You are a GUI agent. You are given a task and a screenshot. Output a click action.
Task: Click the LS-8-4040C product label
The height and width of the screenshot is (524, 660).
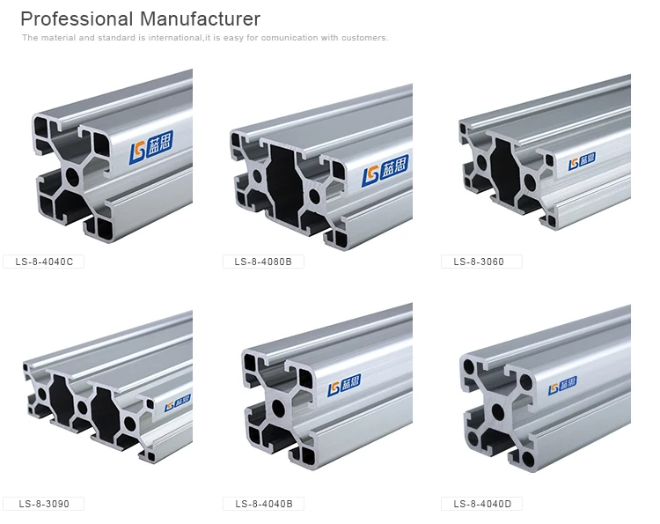(x=44, y=262)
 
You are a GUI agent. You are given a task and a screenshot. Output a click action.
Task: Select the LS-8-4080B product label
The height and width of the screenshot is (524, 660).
(x=263, y=262)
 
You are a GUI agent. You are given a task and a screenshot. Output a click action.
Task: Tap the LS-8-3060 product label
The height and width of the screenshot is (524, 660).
(x=481, y=262)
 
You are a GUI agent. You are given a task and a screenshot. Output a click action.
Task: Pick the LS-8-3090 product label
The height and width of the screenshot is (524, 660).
(x=44, y=504)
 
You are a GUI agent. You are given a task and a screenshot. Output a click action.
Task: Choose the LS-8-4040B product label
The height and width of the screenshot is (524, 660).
(x=263, y=504)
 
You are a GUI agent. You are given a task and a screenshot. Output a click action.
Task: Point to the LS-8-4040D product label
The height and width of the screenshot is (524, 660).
(x=481, y=504)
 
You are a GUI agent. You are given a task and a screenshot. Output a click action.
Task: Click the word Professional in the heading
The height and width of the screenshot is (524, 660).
(x=77, y=19)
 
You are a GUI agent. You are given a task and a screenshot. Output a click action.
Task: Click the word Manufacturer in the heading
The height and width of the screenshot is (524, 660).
(x=200, y=19)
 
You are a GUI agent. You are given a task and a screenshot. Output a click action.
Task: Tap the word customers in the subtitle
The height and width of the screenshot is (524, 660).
(x=364, y=38)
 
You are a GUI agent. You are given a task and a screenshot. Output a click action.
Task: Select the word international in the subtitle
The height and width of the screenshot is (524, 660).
(x=175, y=38)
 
